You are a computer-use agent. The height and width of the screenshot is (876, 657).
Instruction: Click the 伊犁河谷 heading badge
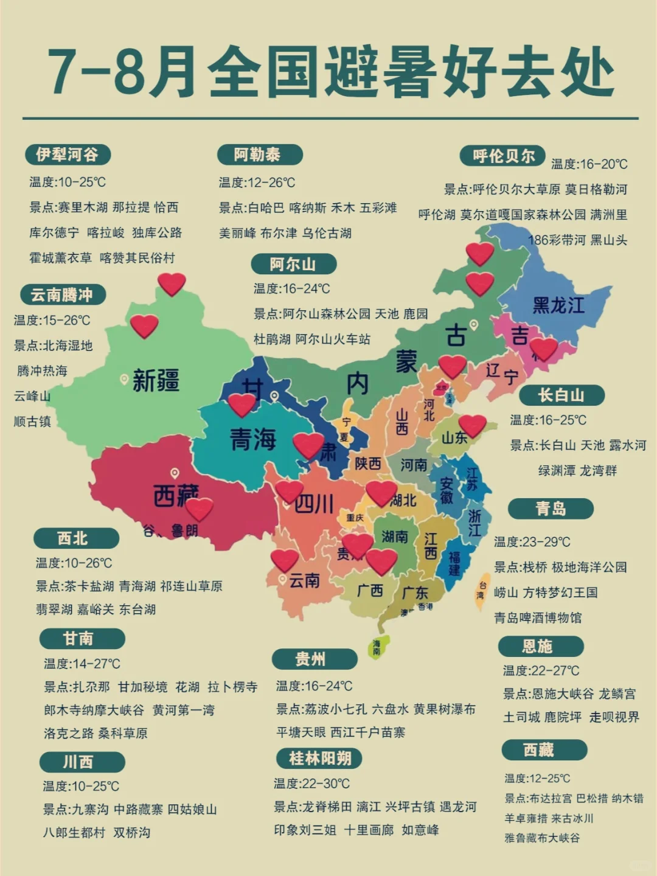click(x=68, y=155)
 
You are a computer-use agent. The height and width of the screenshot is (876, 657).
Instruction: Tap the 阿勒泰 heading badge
click(x=258, y=155)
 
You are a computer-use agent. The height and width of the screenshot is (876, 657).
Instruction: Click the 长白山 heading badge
click(x=561, y=395)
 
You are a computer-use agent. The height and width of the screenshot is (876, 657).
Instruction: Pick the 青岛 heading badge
click(x=551, y=508)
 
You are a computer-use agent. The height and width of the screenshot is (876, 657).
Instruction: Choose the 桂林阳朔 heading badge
click(x=319, y=758)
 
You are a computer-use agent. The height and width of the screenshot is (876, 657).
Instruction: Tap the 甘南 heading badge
click(x=79, y=638)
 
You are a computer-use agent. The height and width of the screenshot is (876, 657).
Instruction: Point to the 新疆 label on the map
click(x=156, y=381)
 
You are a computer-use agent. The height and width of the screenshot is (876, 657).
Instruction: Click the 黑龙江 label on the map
click(x=558, y=305)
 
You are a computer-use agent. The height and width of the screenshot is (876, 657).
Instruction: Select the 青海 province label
click(x=253, y=439)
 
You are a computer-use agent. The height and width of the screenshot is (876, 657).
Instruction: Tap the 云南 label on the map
click(x=304, y=580)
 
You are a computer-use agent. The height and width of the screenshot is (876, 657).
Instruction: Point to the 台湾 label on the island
click(x=482, y=590)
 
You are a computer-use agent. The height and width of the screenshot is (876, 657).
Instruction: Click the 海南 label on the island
click(x=377, y=647)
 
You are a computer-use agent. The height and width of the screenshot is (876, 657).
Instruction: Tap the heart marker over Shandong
click(x=473, y=425)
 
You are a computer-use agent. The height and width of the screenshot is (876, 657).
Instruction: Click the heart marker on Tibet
click(x=198, y=509)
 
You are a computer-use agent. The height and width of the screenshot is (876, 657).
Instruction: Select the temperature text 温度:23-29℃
click(x=532, y=541)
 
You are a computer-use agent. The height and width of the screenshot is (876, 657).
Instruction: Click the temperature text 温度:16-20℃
click(x=589, y=164)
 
